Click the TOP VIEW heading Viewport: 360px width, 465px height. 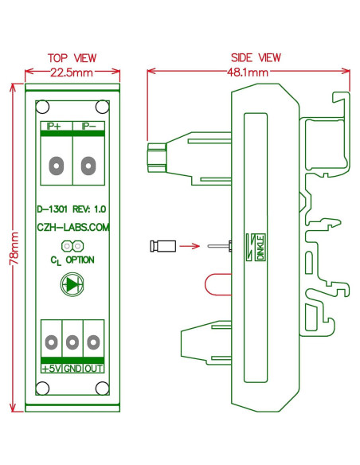(x=72, y=58)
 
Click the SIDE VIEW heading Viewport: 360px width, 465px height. (x=255, y=58)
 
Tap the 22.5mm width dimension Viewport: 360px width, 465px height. (x=72, y=72)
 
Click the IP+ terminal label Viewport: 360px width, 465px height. (x=55, y=126)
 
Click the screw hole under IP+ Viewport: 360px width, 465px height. (x=56, y=166)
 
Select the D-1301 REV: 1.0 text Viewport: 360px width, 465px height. (x=72, y=210)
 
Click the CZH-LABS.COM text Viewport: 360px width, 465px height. (x=72, y=227)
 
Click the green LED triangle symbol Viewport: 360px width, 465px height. (x=72, y=284)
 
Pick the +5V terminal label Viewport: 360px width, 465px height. (x=51, y=369)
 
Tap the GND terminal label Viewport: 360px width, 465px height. (x=72, y=369)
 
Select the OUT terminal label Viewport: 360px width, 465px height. (x=93, y=369)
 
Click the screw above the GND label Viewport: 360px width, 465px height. (x=72, y=342)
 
